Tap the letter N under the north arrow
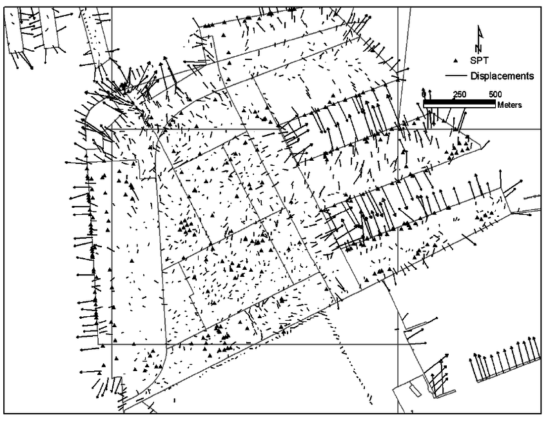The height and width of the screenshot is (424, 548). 478,48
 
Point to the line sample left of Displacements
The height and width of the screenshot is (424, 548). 455,76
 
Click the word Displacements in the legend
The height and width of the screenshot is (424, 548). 502,76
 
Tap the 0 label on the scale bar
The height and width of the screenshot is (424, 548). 424,94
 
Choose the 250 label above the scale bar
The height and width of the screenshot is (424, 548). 459,94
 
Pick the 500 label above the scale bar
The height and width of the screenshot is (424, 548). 495,94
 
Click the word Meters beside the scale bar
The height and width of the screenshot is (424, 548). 509,105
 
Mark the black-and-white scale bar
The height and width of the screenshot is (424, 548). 459,101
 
